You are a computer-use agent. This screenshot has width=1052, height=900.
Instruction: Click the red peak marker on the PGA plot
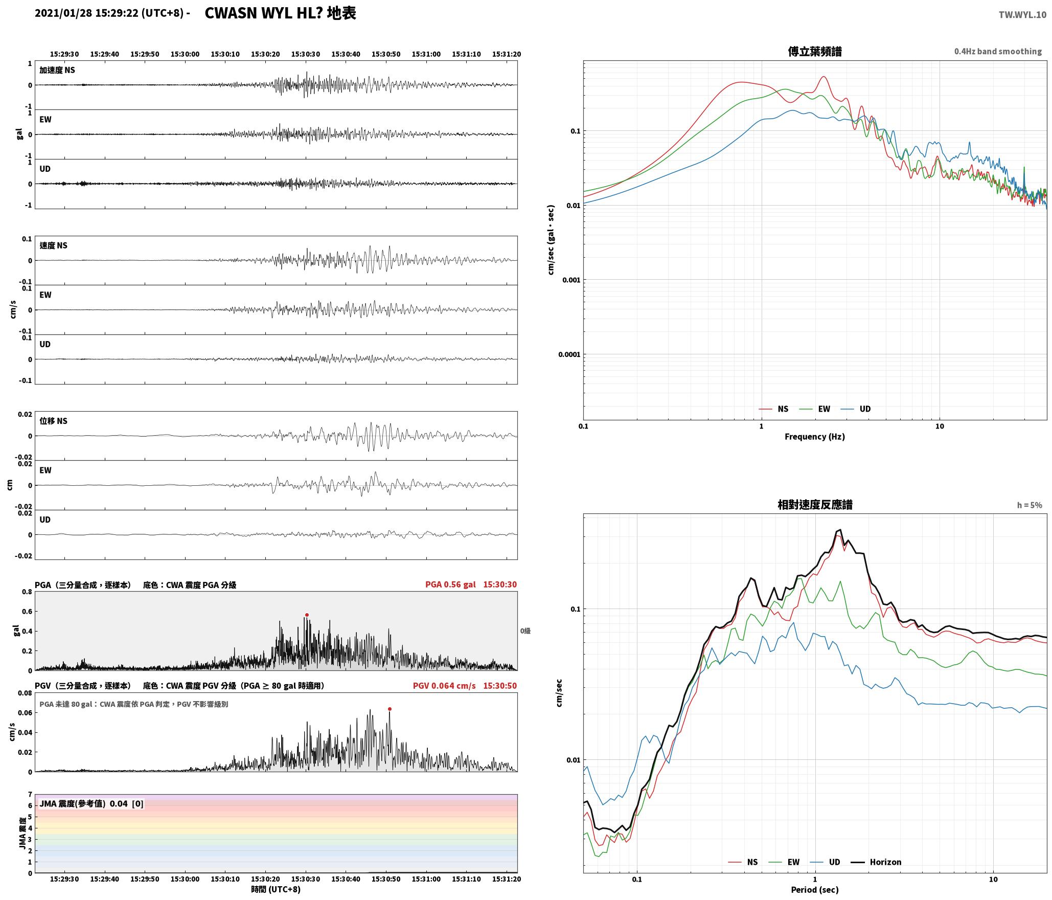[307, 615]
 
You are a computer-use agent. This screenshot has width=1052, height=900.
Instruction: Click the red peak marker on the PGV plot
[390, 709]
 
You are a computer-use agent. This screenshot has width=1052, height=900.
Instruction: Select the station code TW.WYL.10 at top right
[1022, 15]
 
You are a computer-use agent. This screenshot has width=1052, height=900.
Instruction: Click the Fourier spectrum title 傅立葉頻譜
[815, 51]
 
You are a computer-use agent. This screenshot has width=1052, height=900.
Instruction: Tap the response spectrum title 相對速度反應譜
[815, 505]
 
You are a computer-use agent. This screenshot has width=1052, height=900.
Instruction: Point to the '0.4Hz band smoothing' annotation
[998, 52]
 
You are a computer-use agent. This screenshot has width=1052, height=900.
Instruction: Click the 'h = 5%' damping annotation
[1030, 505]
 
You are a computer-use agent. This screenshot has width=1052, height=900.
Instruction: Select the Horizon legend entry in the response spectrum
[876, 862]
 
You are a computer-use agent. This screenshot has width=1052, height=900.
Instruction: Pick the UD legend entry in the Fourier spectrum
[856, 409]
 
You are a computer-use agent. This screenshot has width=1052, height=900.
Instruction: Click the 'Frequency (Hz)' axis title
[815, 437]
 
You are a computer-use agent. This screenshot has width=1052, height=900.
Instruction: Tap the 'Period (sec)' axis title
[815, 890]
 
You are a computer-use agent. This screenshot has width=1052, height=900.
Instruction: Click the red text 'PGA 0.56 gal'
[450, 584]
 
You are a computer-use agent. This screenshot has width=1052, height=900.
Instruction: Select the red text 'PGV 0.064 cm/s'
[444, 686]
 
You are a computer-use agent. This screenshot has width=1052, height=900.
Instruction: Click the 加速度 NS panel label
[57, 70]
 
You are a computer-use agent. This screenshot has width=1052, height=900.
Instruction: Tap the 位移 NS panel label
[54, 421]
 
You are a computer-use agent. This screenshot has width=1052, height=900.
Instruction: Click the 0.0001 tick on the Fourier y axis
[568, 354]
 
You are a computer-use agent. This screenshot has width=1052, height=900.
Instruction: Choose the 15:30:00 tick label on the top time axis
[185, 54]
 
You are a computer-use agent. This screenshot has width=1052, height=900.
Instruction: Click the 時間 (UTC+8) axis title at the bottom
[276, 890]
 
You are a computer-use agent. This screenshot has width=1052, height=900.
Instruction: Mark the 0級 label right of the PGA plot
[525, 631]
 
